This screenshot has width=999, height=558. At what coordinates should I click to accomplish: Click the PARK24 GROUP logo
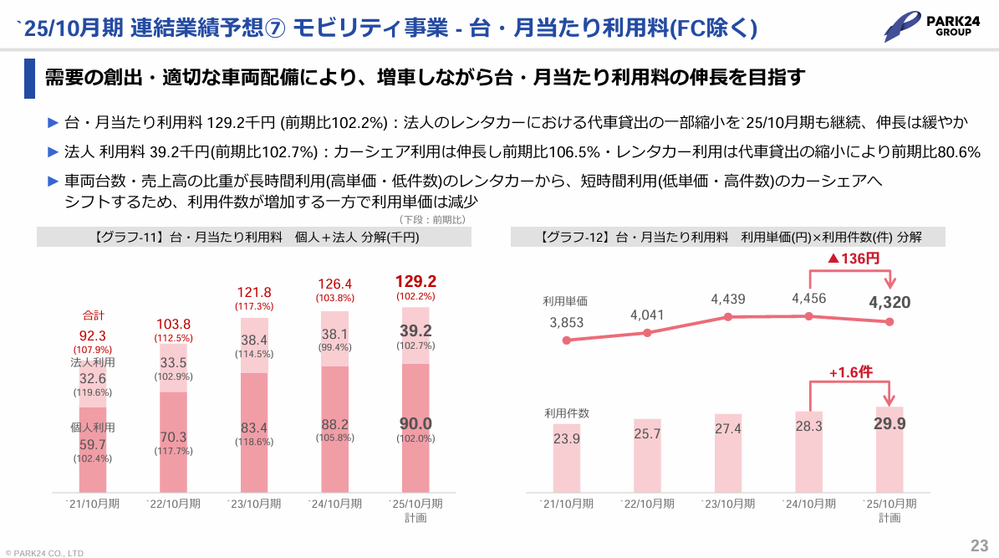931,26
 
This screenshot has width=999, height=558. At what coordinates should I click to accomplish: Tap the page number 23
979,545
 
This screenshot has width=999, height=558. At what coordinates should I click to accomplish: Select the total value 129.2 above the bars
415,281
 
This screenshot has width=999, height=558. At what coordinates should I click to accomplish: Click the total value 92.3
93,336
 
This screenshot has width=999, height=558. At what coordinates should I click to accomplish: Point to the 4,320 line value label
889,302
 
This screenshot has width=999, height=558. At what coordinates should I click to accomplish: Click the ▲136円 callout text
853,259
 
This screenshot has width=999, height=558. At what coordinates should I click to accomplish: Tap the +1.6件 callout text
850,371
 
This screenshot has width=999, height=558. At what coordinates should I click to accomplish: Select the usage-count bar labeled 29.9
889,449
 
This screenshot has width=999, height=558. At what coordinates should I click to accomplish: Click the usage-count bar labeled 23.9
567,458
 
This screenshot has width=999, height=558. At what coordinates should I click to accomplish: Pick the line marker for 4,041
647,333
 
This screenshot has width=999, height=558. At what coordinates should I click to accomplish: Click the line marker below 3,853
567,340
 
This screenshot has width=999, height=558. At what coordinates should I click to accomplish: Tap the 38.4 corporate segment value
254,340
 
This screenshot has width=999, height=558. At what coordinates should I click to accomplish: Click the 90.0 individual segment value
415,423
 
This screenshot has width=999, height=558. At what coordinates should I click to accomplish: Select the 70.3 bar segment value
173,437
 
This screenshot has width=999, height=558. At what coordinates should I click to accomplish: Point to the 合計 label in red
93,315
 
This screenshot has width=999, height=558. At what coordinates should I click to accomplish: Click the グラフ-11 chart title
254,238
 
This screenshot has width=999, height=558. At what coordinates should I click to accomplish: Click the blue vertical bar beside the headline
29,79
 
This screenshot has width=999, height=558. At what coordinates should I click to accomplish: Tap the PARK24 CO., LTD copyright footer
44,553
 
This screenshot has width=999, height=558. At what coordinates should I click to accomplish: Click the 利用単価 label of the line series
565,301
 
